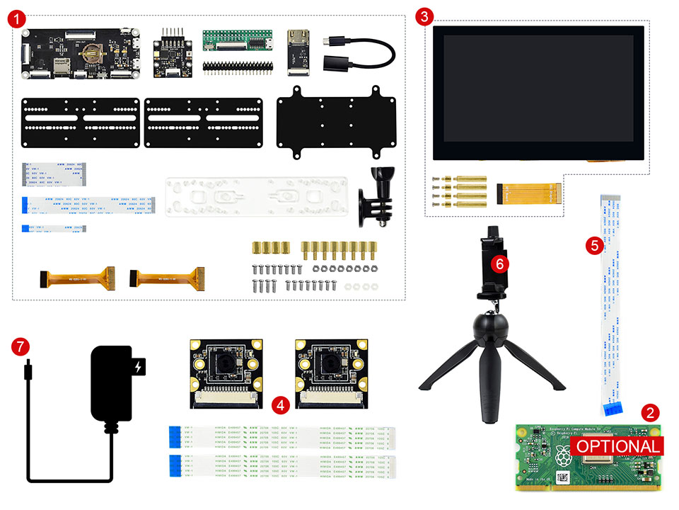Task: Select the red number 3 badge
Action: [x=424, y=16]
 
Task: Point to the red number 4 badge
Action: [x=281, y=405]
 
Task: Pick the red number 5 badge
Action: [x=593, y=245]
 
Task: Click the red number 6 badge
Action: [x=500, y=263]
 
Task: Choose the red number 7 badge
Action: [x=21, y=347]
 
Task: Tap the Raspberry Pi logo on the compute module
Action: [x=563, y=456]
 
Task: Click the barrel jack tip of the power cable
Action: [x=27, y=370]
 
